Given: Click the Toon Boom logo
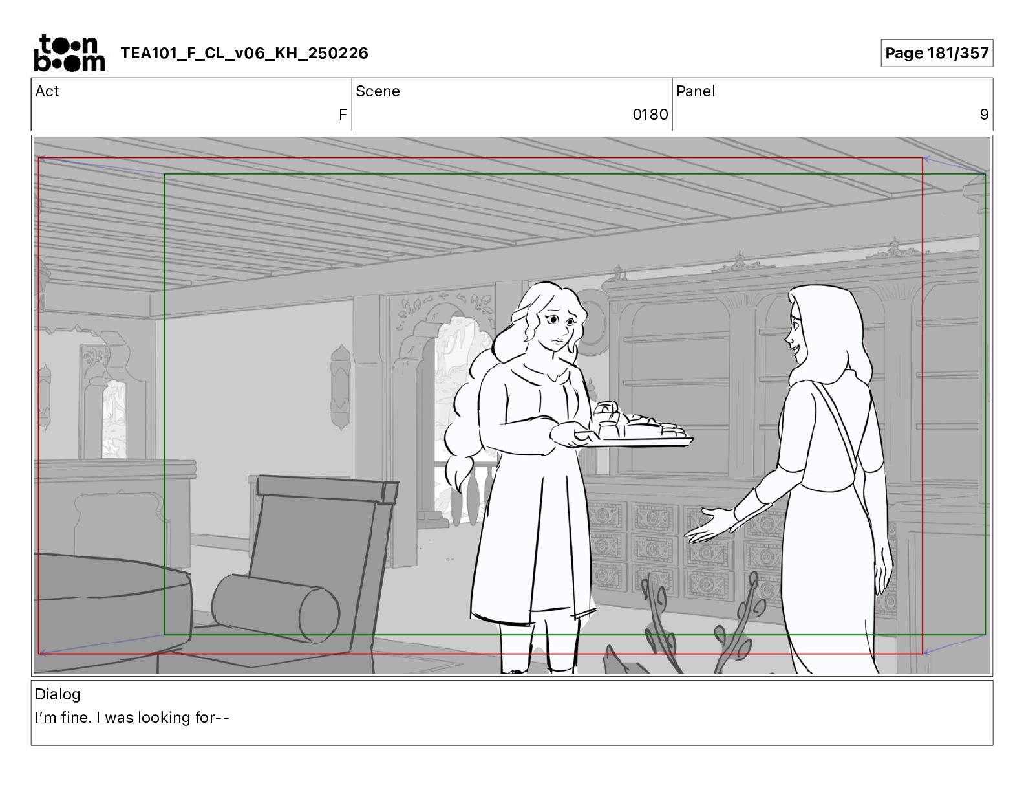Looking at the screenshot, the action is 70,53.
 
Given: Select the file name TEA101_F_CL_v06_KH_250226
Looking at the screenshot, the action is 244,53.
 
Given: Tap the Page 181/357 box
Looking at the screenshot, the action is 936,53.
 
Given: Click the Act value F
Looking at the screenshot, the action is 343,114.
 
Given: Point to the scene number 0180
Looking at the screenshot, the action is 650,114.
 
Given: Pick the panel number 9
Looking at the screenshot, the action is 984,114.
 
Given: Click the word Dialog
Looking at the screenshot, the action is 58,694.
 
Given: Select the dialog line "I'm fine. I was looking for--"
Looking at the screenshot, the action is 132,718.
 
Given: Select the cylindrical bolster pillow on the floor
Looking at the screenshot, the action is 275,608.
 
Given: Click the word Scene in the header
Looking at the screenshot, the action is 378,91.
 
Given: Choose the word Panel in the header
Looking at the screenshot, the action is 695,91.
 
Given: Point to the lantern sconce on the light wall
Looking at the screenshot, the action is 341,387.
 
